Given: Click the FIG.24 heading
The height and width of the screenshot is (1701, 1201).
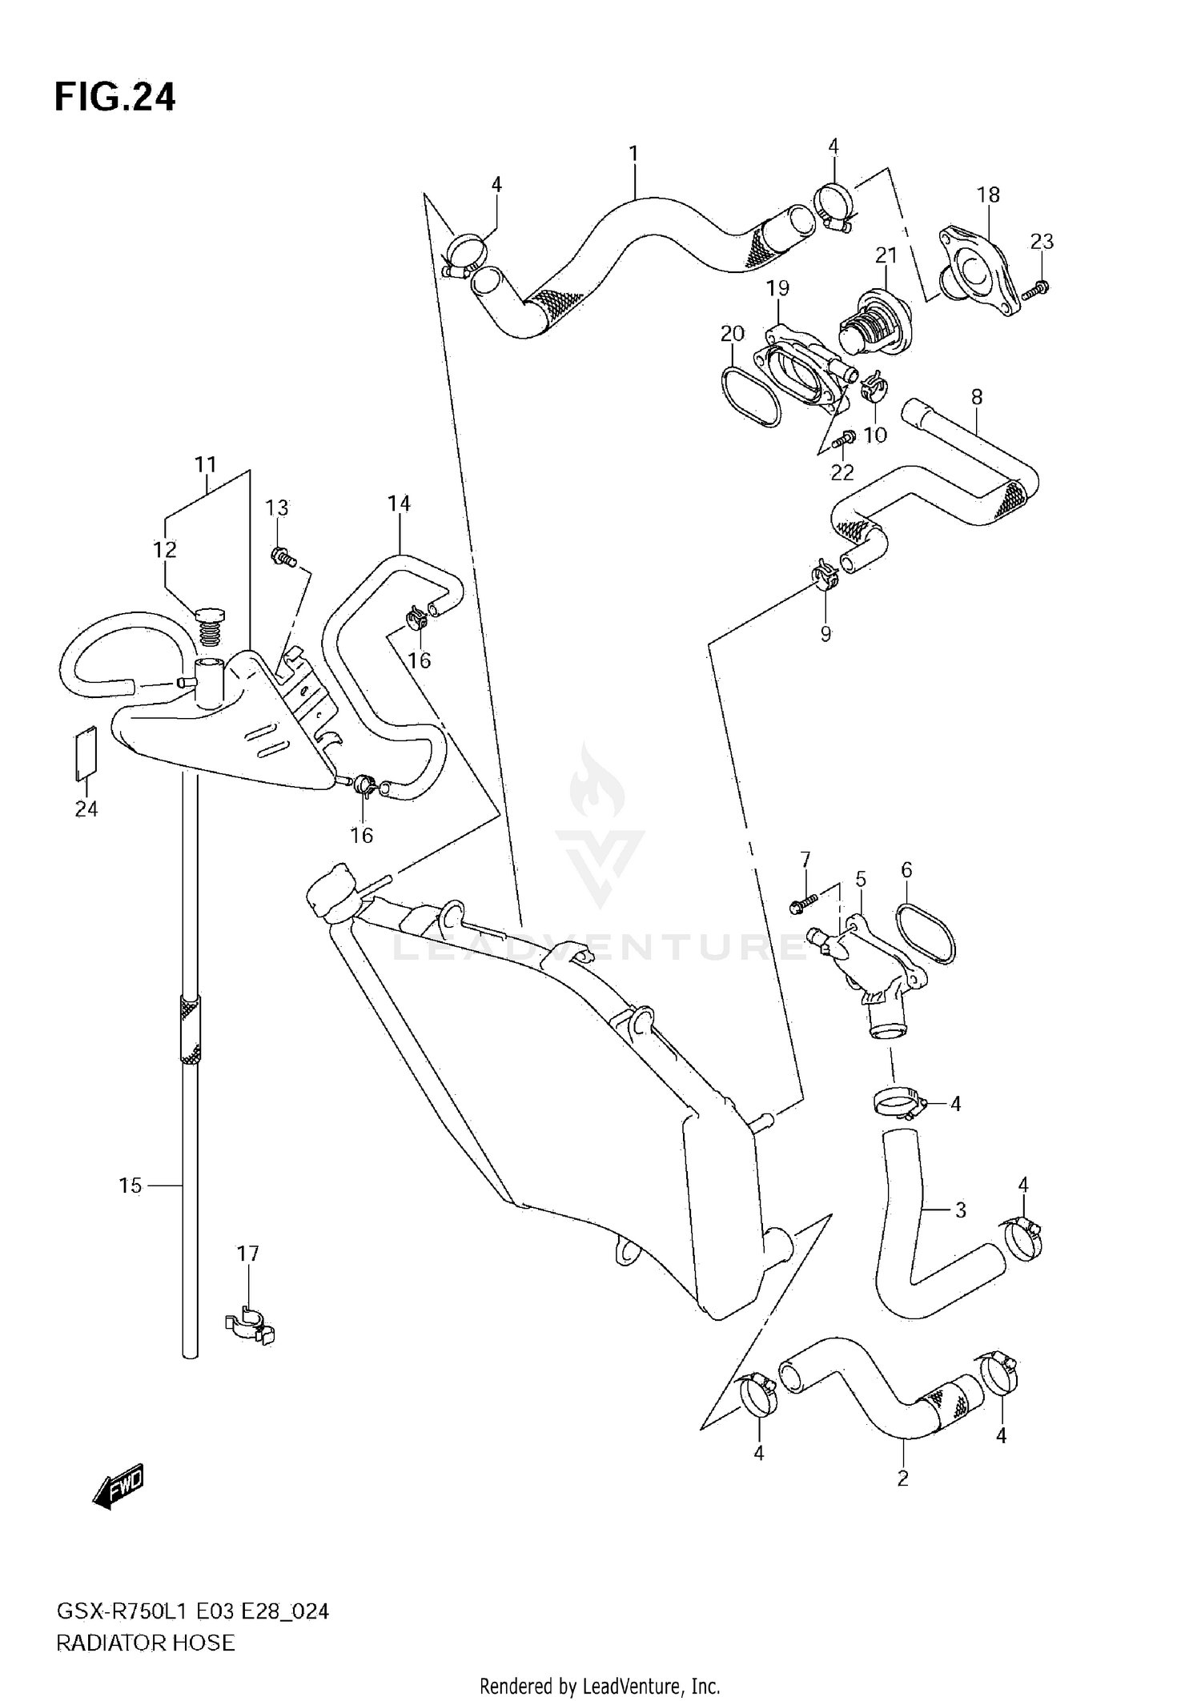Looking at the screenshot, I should click(x=114, y=98).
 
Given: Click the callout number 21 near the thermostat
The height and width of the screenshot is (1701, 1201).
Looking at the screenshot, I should click(x=886, y=255).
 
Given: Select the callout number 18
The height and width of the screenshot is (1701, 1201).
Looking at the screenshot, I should click(x=988, y=195).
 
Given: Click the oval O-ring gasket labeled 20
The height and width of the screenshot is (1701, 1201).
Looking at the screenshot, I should click(x=750, y=395).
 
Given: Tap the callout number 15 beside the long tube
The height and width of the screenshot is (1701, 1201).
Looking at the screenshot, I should click(x=130, y=1185).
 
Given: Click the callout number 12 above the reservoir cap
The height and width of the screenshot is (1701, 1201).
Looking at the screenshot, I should click(x=165, y=550).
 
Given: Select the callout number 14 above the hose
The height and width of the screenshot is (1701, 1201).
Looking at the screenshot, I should click(x=399, y=503).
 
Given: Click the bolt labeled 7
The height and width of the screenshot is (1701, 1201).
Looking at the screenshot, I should click(x=803, y=905).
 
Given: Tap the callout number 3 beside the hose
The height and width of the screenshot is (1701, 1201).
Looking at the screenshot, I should click(x=961, y=1210).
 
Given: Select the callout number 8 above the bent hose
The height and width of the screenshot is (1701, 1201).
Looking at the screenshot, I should click(x=977, y=397).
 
